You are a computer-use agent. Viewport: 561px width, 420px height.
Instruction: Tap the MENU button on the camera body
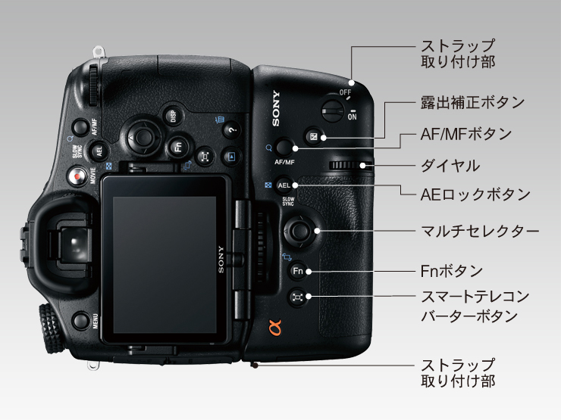coord(80,320)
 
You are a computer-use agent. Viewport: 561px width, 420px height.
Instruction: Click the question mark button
coord(232,129)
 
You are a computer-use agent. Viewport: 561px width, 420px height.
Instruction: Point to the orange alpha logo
coord(274,328)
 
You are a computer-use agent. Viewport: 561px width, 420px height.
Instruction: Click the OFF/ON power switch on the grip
coord(333,110)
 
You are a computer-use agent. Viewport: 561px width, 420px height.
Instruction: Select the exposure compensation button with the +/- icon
coord(314,137)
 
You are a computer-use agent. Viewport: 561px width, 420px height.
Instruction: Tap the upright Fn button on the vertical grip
coord(298,271)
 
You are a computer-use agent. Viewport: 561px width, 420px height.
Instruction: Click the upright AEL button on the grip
coord(284,185)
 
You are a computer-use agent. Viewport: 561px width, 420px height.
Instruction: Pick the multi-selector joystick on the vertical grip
coord(299,231)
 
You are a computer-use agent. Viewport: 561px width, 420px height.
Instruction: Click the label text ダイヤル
coord(450,166)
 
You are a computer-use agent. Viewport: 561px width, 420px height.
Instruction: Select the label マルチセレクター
coord(480,231)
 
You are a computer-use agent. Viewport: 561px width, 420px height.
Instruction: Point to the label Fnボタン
coord(452,271)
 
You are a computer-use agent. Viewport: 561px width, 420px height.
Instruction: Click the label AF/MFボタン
coord(466,134)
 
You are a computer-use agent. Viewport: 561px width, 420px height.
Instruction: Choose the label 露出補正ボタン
coord(472,102)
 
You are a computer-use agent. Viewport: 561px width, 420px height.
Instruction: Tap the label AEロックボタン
coord(475,194)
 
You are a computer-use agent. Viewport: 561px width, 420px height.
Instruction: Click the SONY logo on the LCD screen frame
coord(221,260)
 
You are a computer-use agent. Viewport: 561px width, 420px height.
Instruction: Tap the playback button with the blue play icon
coord(231,157)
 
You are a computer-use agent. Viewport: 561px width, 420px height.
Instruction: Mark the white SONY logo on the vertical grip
coord(276,108)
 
